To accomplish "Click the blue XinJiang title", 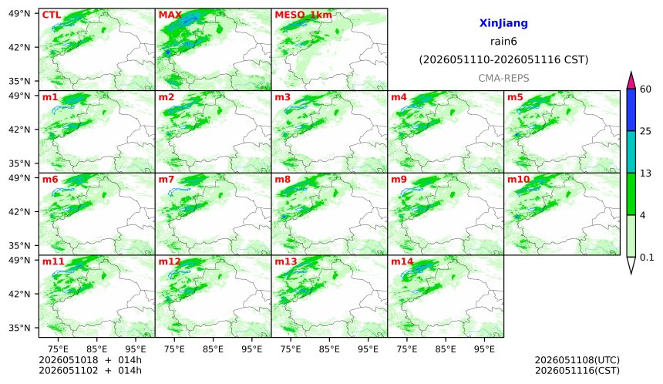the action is click(x=503, y=23).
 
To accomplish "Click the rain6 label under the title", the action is click(x=503, y=42).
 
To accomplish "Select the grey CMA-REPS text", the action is click(x=503, y=78).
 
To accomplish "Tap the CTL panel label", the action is click(x=52, y=15).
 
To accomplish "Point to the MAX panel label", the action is click(x=170, y=15).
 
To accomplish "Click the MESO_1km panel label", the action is click(x=303, y=15).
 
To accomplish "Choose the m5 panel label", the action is click(x=515, y=97).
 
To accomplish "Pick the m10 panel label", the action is click(x=518, y=180).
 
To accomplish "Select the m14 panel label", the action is click(x=402, y=261).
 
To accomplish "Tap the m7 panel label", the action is click(x=167, y=180).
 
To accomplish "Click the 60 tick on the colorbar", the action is click(x=646, y=89).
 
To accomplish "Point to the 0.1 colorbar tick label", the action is click(x=647, y=257).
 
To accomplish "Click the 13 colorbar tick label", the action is click(x=646, y=173).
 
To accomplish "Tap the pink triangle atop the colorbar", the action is click(x=631, y=80).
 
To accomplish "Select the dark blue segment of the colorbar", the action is click(x=631, y=110).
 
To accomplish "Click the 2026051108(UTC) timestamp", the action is click(x=577, y=360).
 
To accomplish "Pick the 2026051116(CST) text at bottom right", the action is click(x=577, y=371).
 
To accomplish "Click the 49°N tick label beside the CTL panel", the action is click(x=19, y=14).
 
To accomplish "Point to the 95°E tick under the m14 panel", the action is click(x=484, y=349).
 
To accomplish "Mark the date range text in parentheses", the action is click(x=503, y=60).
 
